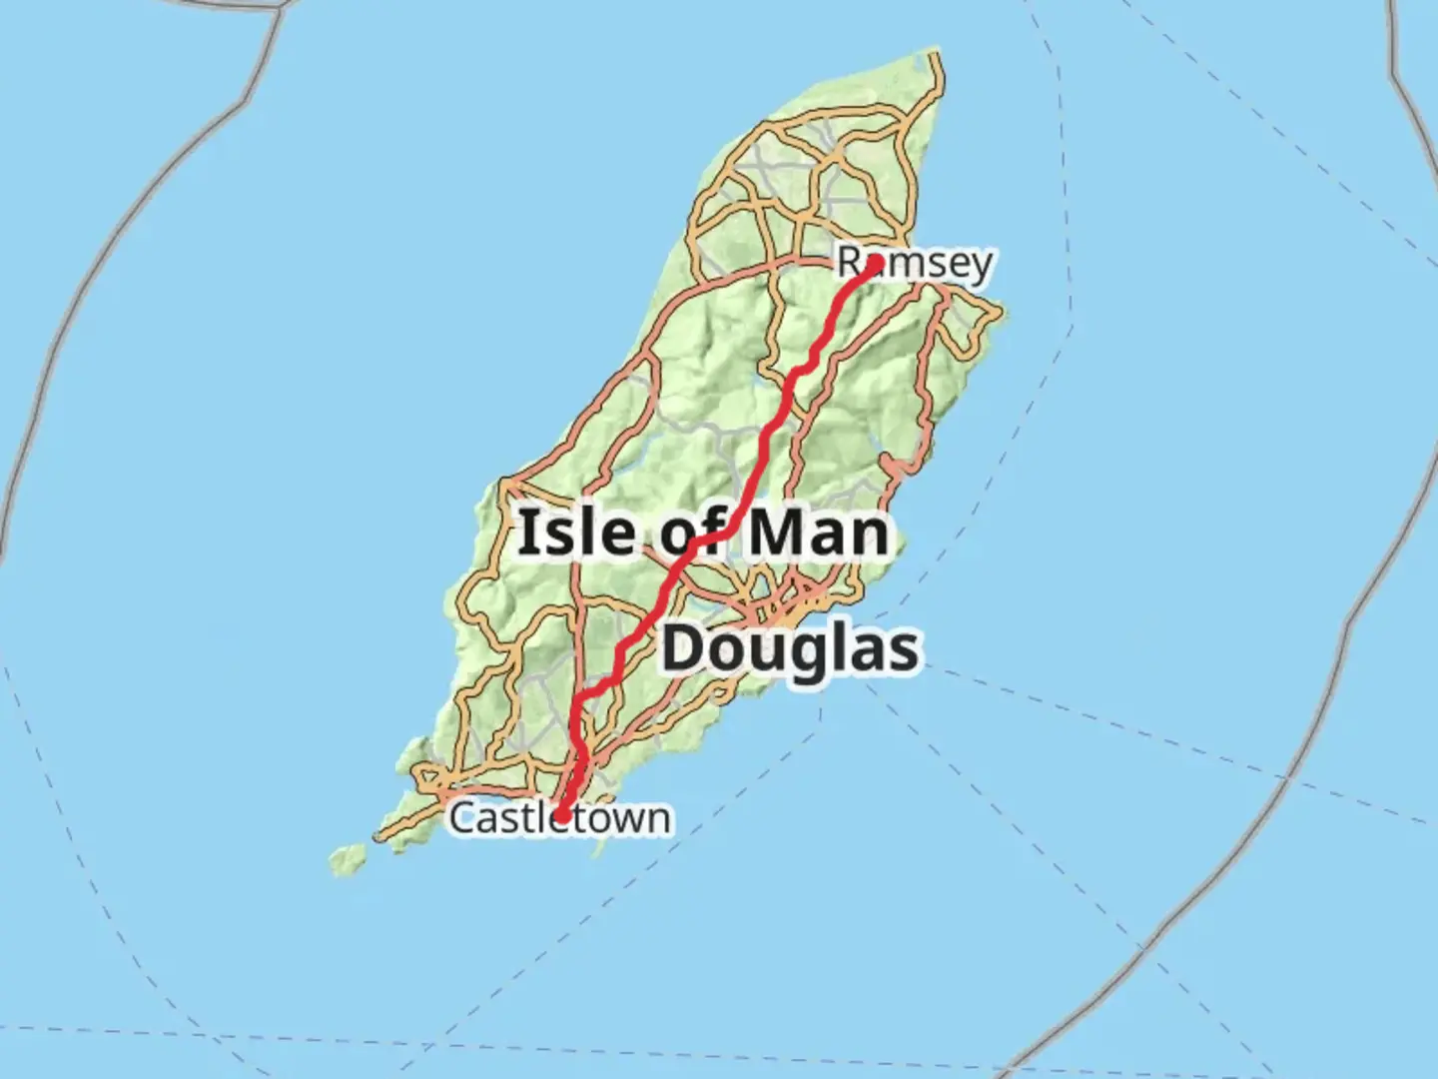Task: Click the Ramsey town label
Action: pos(915,263)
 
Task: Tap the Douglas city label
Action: pos(790,648)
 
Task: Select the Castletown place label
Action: pos(559,817)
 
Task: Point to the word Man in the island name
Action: pos(818,533)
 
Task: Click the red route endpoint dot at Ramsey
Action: pos(875,264)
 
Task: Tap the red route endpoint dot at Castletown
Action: pos(562,815)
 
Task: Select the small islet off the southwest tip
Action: pos(349,858)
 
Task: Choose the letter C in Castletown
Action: pos(461,818)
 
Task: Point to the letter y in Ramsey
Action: pos(981,266)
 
